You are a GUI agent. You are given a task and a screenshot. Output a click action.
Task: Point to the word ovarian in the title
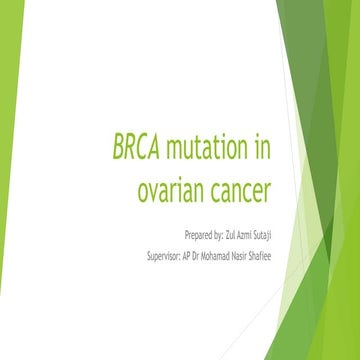click(x=174, y=188)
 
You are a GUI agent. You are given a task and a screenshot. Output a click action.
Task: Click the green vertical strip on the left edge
click(x=7, y=180)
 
